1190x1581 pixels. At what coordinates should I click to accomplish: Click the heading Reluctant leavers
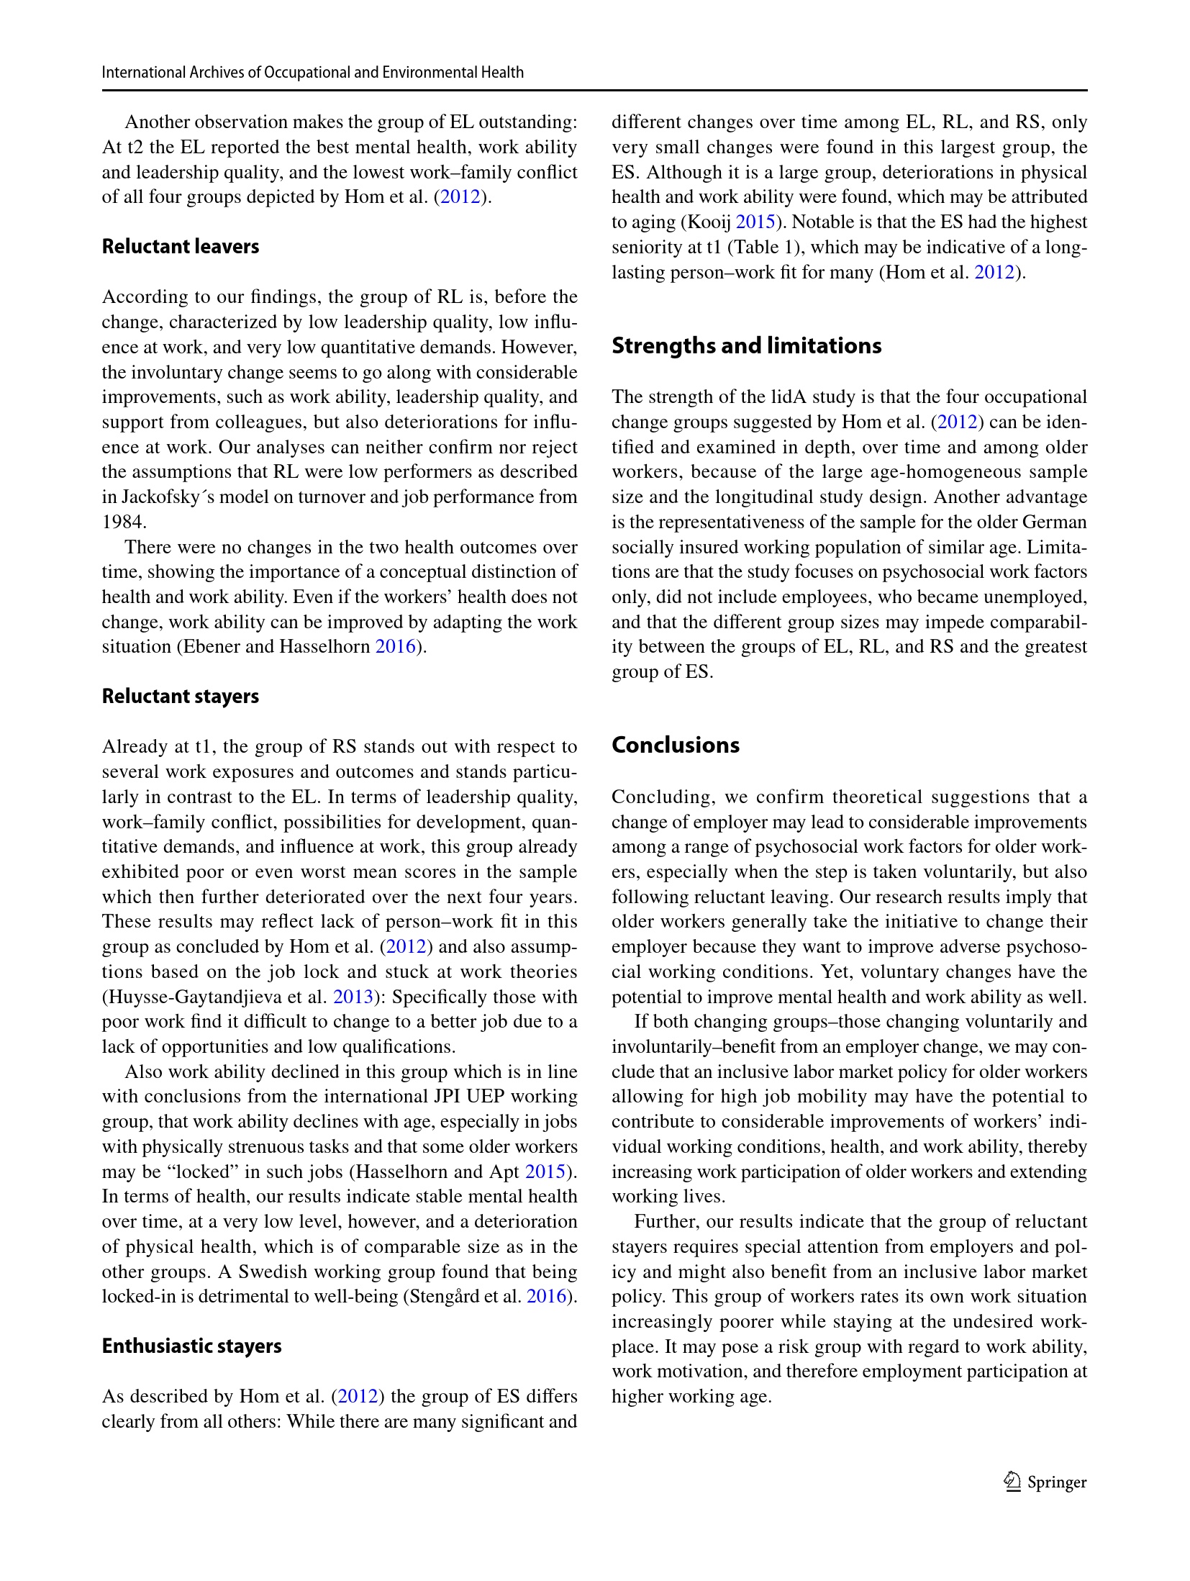180,247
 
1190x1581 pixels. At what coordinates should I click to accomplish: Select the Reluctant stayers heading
180,697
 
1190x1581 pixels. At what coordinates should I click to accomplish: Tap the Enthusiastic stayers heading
191,1346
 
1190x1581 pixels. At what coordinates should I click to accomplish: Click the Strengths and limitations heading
746,346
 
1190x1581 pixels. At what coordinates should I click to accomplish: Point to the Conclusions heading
675,746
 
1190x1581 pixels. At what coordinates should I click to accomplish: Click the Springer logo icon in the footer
1013,1482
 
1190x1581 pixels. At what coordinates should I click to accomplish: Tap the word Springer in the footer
1056,1482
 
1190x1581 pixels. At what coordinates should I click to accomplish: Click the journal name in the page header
312,72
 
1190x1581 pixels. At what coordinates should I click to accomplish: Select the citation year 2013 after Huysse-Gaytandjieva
352,997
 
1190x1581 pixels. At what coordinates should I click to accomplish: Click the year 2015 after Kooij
755,222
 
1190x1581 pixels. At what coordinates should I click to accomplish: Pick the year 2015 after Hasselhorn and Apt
545,1172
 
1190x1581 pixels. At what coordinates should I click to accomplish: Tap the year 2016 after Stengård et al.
546,1297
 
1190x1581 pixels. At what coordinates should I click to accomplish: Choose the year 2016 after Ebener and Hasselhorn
396,646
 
